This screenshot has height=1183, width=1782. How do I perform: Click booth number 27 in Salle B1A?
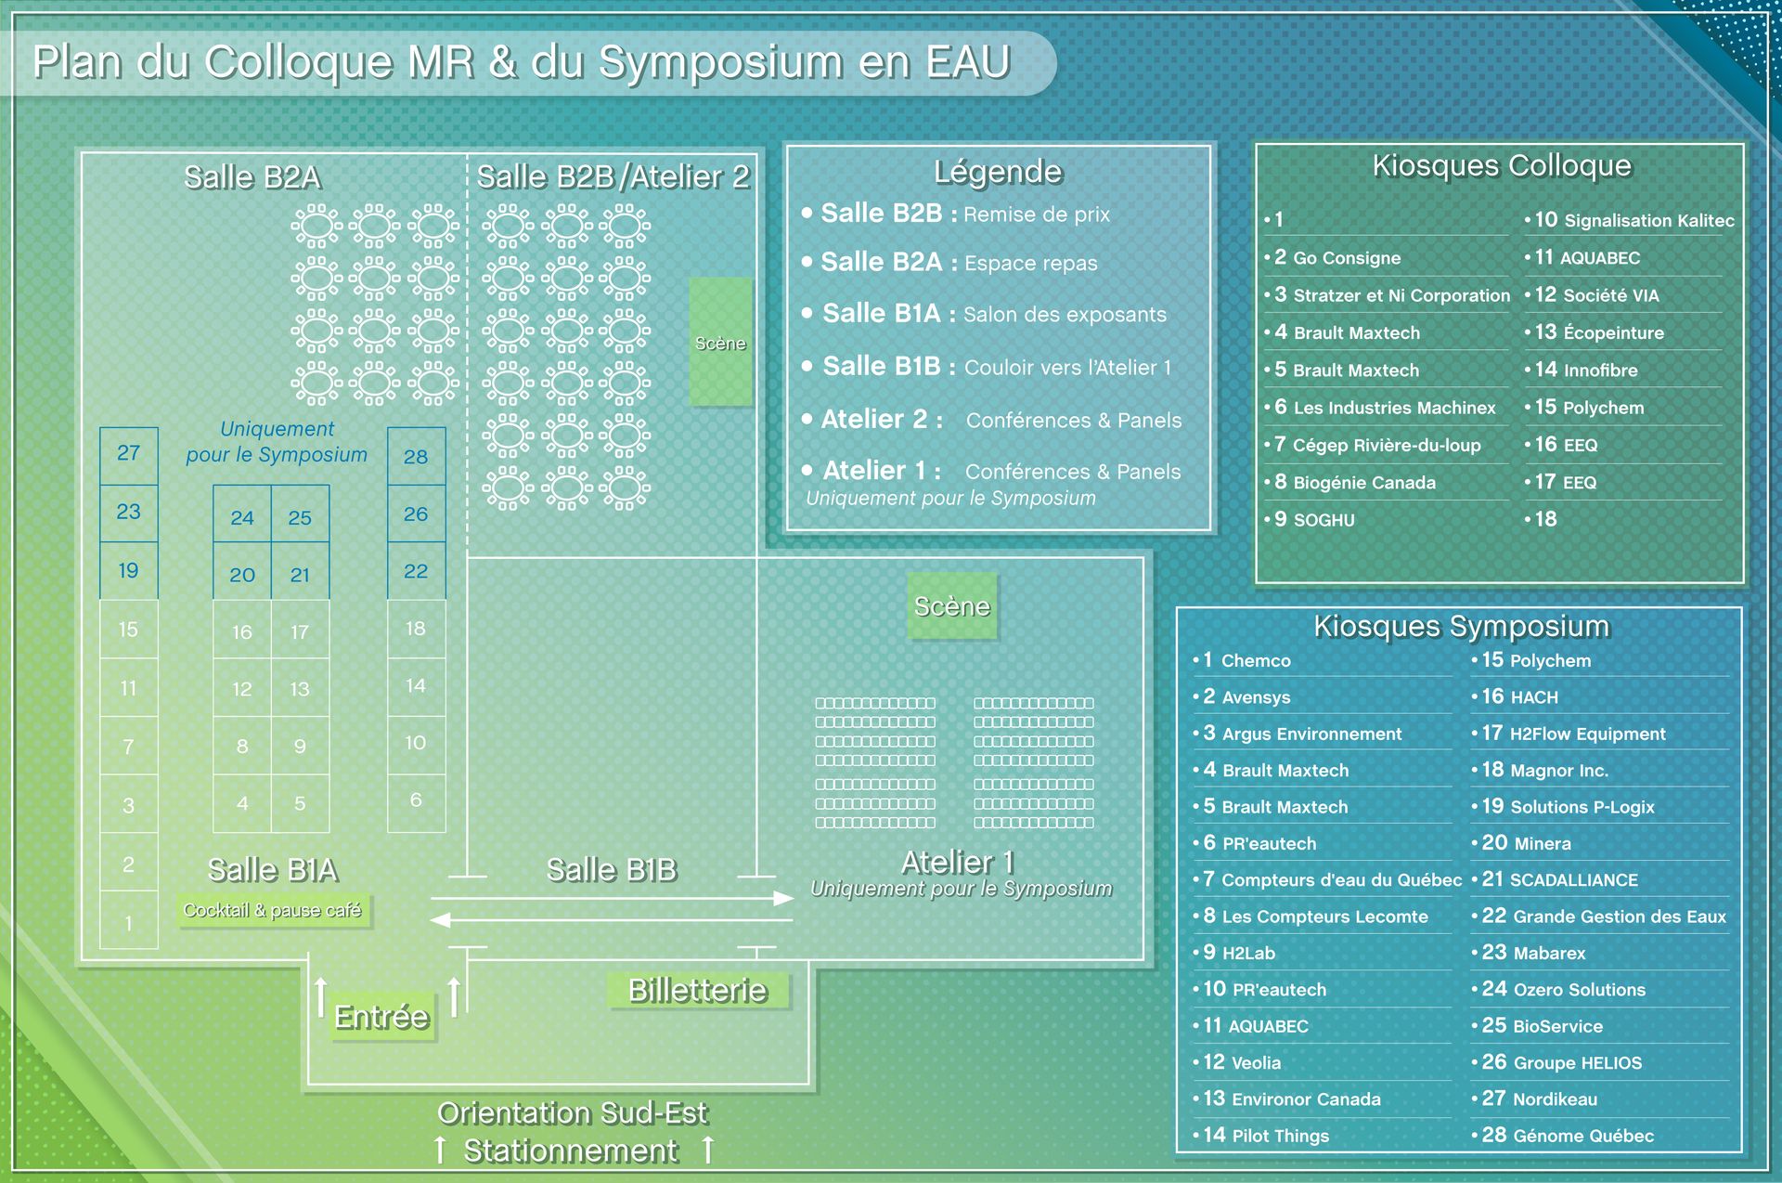(x=128, y=453)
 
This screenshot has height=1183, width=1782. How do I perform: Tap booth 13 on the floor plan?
(x=299, y=689)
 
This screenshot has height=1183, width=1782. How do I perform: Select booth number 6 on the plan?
(x=416, y=799)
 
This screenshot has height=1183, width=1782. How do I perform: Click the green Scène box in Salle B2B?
(x=720, y=342)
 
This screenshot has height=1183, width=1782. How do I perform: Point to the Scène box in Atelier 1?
(x=951, y=606)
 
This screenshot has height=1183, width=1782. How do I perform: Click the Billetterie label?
(x=698, y=991)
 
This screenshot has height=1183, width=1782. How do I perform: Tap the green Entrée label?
(x=381, y=1017)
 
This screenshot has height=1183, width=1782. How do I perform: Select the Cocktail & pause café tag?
(x=273, y=910)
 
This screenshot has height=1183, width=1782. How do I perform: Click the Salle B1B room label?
(x=612, y=870)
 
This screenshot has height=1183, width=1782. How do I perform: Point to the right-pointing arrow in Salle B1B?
(x=783, y=898)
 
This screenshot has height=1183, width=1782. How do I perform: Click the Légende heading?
(x=998, y=172)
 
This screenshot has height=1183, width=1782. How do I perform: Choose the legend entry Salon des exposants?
(x=1064, y=315)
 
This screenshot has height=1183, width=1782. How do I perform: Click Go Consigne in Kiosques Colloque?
(x=1346, y=258)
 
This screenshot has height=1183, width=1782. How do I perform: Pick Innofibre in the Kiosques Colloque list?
(x=1599, y=370)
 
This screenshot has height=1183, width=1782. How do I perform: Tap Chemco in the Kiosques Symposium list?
(x=1255, y=661)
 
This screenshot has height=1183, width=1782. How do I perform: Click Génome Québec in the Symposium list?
(x=1582, y=1136)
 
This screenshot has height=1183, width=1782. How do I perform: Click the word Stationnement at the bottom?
(x=571, y=1151)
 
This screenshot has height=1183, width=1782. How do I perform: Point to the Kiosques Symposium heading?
(x=1461, y=626)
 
